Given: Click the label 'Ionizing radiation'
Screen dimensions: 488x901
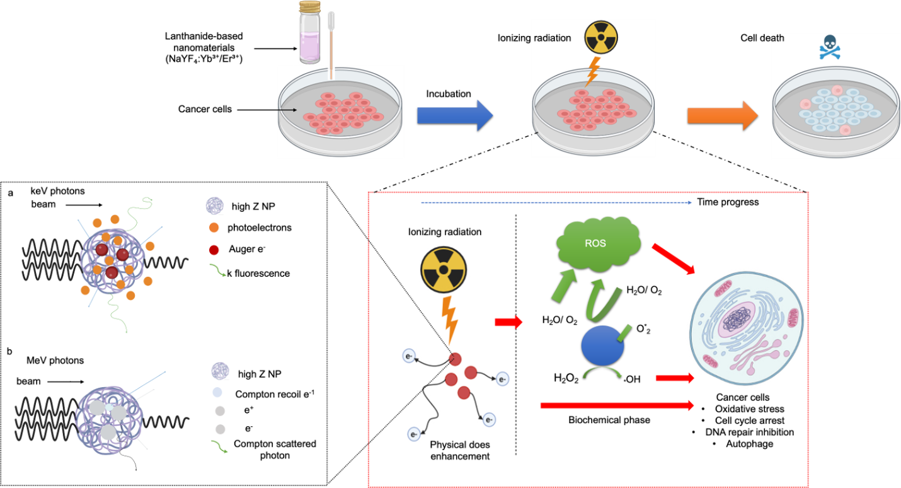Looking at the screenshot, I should click(445, 232).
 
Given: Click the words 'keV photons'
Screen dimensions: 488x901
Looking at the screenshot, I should click(57, 191).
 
